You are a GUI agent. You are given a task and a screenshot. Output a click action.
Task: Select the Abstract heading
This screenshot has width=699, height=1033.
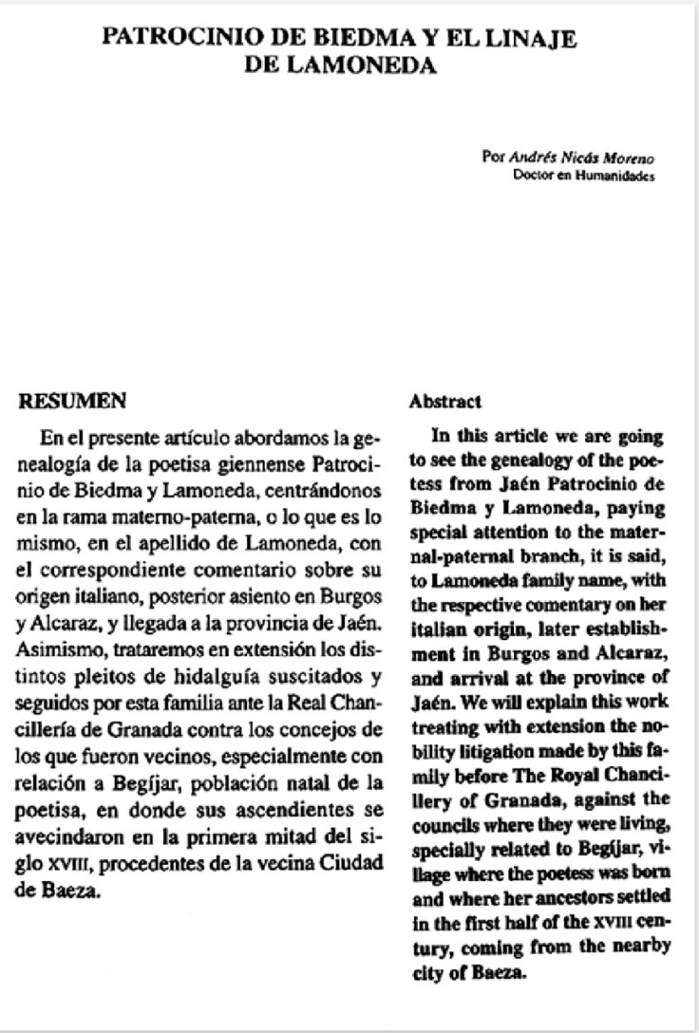445,403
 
